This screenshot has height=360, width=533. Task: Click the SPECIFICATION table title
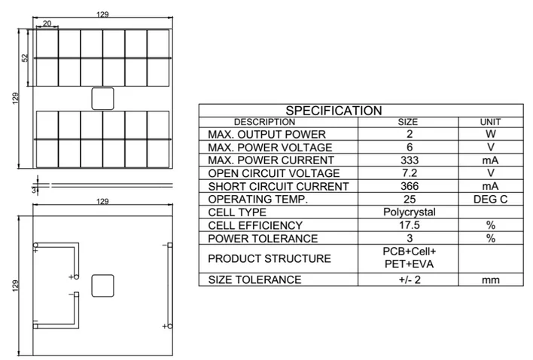tap(333, 110)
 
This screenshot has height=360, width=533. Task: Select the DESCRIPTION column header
tap(264, 122)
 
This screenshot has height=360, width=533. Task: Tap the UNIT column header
tap(490, 122)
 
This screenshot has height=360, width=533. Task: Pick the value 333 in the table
tap(407, 160)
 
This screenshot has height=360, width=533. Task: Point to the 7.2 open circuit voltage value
tap(407, 173)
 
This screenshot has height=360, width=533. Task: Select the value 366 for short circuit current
tap(407, 186)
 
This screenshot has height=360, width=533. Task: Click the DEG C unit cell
tap(490, 200)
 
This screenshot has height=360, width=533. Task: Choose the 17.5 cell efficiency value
tap(407, 225)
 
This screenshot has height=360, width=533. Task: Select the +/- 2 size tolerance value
tap(407, 280)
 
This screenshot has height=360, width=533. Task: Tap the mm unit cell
tap(490, 280)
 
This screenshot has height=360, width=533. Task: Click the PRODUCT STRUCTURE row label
tap(269, 258)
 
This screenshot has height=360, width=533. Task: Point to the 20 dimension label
tap(47, 24)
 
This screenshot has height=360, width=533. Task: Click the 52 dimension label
tap(25, 58)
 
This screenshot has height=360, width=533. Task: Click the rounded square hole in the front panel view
tap(102, 99)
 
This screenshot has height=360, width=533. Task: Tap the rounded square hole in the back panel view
tap(102, 285)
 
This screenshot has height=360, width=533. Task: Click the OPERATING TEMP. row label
tap(257, 200)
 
